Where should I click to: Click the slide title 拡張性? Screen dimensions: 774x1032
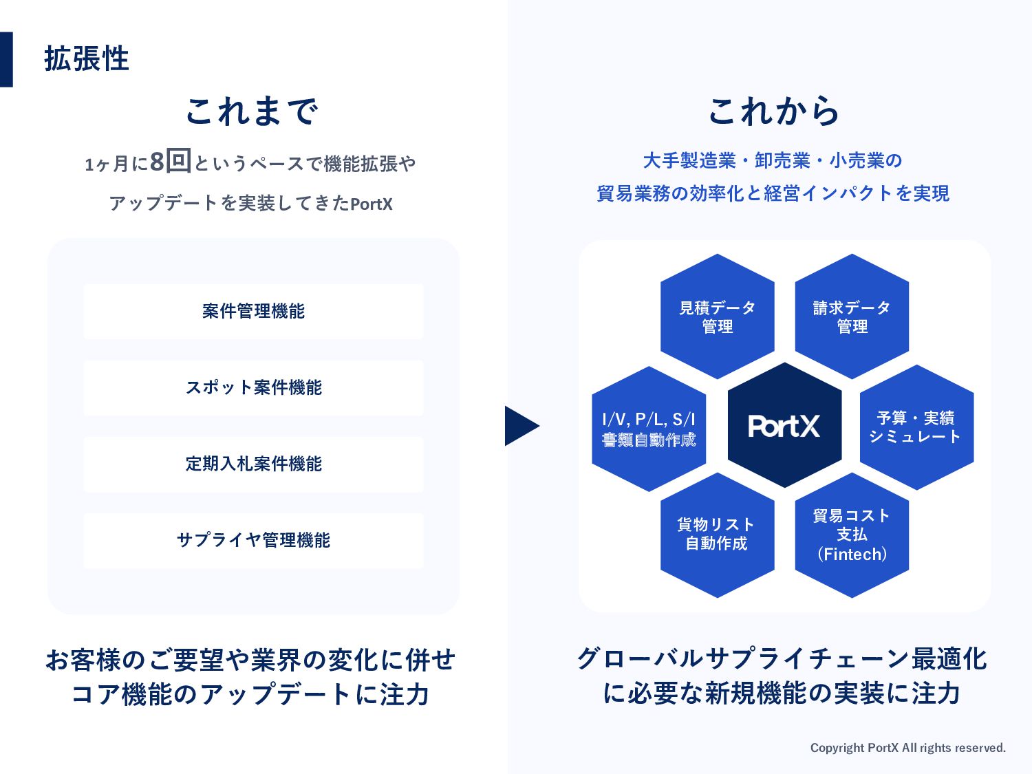[x=87, y=59]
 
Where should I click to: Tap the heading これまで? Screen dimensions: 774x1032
[x=252, y=111]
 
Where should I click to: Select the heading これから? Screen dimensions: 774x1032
[x=773, y=111]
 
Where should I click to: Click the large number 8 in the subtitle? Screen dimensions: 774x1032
[x=157, y=162]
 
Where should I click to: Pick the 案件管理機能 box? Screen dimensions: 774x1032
[x=253, y=311]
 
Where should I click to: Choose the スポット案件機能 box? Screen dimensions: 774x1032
[x=253, y=387]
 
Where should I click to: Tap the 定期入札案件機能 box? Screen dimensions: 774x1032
[x=253, y=464]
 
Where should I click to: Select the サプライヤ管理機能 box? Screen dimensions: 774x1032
[x=253, y=540]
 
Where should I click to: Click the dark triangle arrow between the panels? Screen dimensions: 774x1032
[x=520, y=426]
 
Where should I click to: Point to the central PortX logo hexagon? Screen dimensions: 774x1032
[x=784, y=426]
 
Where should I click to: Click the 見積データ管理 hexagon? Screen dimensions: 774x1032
[x=718, y=316]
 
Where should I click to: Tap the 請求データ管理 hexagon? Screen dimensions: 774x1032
[x=852, y=316]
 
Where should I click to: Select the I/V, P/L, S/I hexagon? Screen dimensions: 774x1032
[x=649, y=429]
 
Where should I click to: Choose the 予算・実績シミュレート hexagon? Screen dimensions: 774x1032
[x=916, y=427]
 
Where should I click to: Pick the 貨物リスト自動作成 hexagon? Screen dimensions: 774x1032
[x=717, y=535]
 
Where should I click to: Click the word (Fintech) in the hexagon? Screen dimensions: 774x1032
[x=852, y=555]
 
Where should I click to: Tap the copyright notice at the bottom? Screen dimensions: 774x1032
[x=907, y=748]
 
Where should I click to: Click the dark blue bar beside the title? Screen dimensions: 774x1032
[x=6, y=59]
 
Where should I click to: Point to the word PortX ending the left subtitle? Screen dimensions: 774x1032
[x=372, y=204]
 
